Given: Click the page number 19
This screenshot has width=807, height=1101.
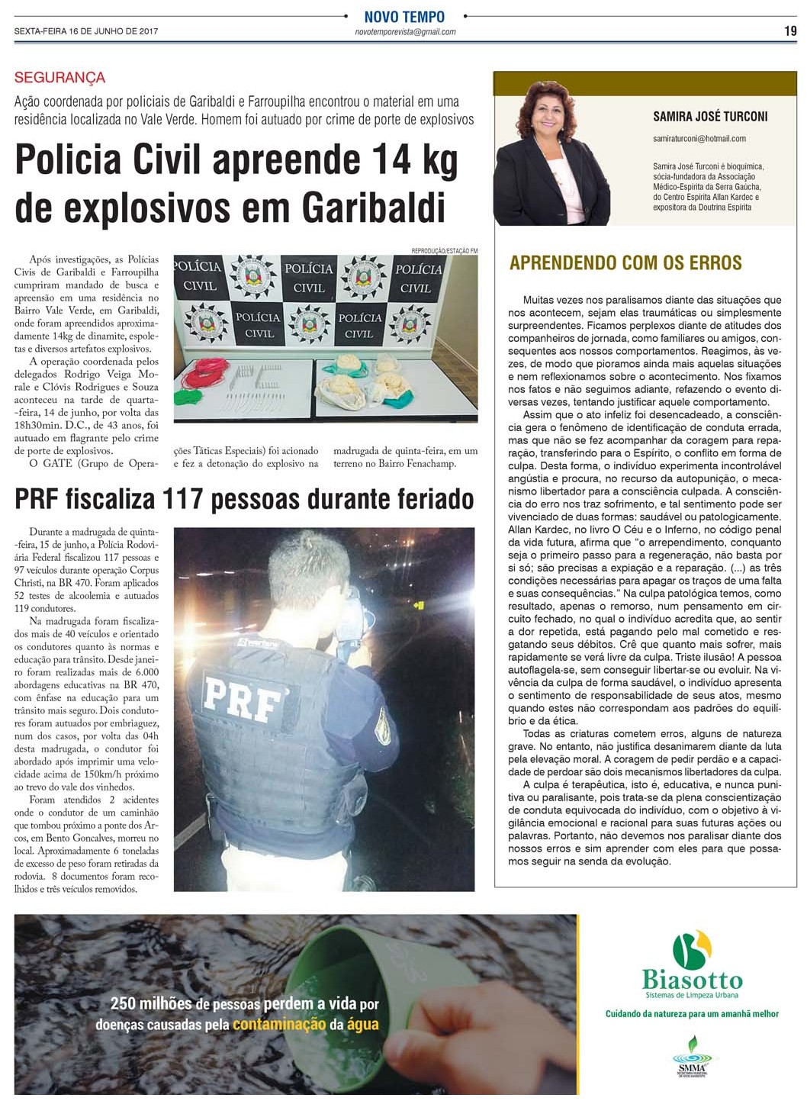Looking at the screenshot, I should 790,31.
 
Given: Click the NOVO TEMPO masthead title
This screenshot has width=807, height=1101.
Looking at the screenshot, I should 404,17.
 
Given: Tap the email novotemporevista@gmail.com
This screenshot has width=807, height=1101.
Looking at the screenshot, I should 405,32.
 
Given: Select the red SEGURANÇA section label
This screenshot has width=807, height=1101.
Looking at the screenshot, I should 59,78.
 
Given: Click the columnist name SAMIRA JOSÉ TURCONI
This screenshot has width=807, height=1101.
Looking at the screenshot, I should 710,117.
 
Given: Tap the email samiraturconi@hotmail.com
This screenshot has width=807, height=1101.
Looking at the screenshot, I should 699,139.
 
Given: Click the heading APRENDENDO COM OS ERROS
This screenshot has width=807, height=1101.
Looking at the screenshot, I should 625,263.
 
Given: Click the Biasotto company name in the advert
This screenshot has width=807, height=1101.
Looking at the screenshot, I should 692,980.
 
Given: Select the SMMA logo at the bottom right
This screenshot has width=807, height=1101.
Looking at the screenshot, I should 692,1058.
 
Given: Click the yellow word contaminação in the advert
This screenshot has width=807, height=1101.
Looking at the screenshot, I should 279,1025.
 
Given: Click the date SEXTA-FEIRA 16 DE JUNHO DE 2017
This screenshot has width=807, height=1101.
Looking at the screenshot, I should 86,31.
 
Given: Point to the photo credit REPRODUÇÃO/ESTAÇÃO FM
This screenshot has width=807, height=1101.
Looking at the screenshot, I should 444,251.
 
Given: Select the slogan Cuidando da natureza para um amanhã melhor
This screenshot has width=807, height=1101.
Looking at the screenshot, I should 692,1014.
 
